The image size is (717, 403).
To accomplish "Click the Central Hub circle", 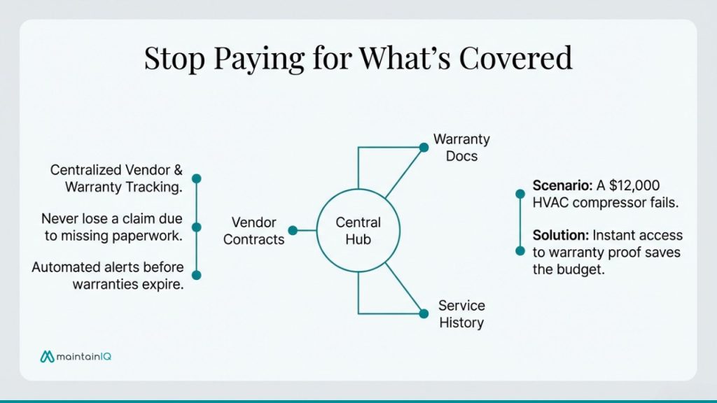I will tap(358, 231).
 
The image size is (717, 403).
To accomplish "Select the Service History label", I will tap(461, 314).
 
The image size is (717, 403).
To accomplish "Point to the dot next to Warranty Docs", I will tap(424, 147).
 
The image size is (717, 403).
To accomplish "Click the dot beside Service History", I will tap(424, 313).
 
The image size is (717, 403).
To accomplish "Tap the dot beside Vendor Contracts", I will tap(293, 230).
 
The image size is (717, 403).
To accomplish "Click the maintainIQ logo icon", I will tap(47, 357).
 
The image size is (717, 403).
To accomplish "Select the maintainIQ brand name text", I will tap(85, 357).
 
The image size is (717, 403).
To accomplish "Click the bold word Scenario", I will tap(560, 186).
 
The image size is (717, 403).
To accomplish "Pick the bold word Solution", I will tap(559, 235).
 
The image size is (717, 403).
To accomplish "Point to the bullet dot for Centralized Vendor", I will tap(197, 178).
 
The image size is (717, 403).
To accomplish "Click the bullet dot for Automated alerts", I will tap(197, 275).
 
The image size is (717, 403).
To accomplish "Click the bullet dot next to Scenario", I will tap(520, 194).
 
